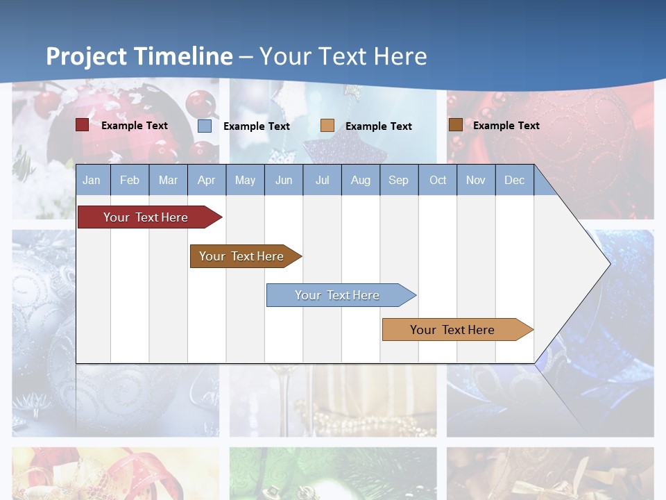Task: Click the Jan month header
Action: [x=92, y=180]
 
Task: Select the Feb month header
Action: [x=130, y=180]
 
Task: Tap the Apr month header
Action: [x=207, y=180]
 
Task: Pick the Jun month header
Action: [x=284, y=180]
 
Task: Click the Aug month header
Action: [x=361, y=180]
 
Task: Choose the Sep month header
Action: [x=398, y=180]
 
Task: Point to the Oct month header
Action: [x=438, y=180]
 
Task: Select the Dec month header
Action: [x=515, y=180]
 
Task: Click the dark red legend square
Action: [x=82, y=125]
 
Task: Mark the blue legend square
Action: [x=205, y=126]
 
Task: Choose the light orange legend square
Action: [x=327, y=126]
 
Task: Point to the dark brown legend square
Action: [x=455, y=125]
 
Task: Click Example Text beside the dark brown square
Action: [x=506, y=125]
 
